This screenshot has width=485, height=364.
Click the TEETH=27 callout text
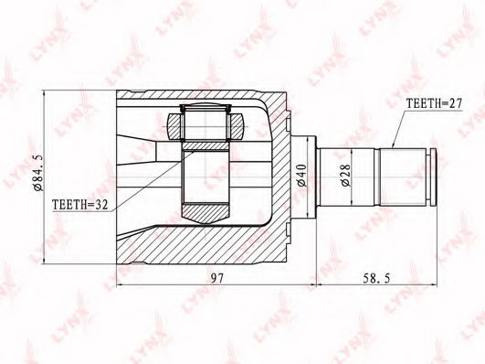pyautogui.click(x=434, y=103)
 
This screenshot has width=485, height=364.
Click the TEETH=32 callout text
pyautogui.click(x=80, y=205)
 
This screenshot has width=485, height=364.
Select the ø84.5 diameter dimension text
pyautogui.click(x=39, y=173)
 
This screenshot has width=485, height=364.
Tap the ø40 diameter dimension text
pyautogui.click(x=301, y=176)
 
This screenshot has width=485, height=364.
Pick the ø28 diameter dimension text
pyautogui.click(x=346, y=176)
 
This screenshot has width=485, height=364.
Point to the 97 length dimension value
pyautogui.click(x=216, y=279)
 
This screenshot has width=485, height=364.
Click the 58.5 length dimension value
pyautogui.click(x=376, y=279)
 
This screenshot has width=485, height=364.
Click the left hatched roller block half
pyautogui.click(x=175, y=126)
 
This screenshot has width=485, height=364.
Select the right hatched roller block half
pyautogui.click(x=236, y=126)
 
